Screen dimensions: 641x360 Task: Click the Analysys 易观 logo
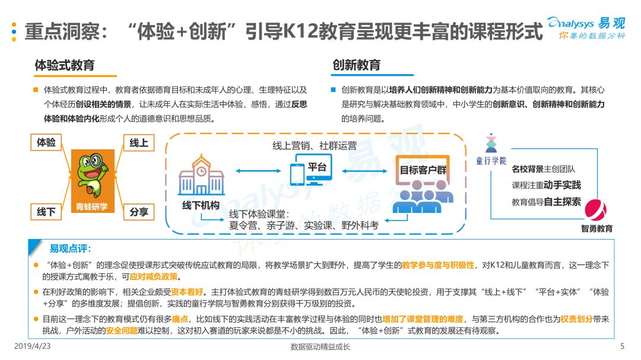(x=586, y=27)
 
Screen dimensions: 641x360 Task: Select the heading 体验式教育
(x=65, y=65)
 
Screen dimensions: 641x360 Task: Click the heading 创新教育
(x=357, y=65)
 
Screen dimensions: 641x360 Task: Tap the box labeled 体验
(x=46, y=142)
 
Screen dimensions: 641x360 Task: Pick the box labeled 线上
(x=139, y=143)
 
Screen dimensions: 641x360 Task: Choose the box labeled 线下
(x=46, y=212)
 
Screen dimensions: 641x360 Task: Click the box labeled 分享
(x=139, y=212)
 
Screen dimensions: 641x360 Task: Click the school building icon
(x=201, y=175)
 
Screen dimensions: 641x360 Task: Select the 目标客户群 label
(x=423, y=170)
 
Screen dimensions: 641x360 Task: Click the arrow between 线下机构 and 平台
(x=258, y=171)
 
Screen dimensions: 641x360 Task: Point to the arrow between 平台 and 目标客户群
(x=364, y=171)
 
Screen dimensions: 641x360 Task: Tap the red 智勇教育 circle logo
(x=595, y=210)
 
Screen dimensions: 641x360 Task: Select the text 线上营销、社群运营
(x=315, y=146)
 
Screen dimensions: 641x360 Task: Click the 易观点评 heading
(x=70, y=249)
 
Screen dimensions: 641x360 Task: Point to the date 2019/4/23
(x=32, y=346)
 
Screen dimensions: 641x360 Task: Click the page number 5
(x=622, y=346)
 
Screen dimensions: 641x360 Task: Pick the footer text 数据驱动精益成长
(x=320, y=347)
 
